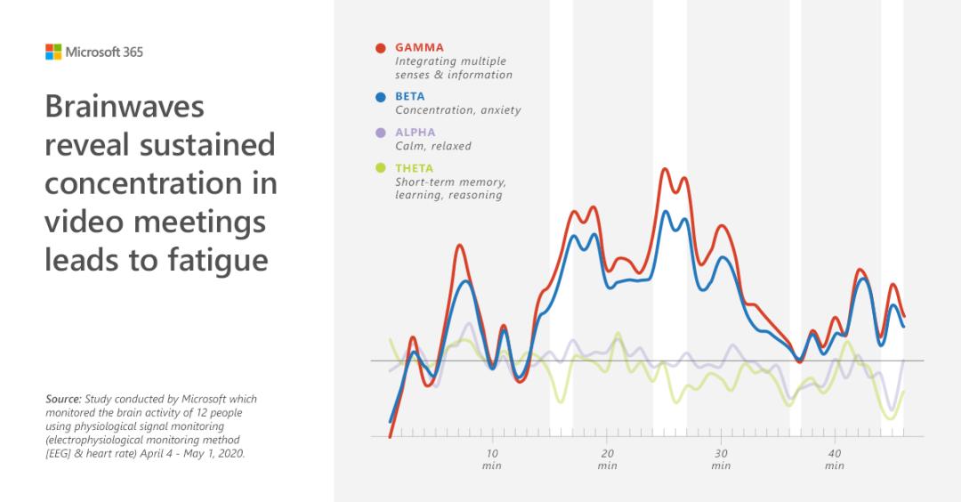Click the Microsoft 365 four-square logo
[x=53, y=52]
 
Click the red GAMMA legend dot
[x=381, y=48]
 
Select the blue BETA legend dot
[x=381, y=97]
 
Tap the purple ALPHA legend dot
[x=381, y=133]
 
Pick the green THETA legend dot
[x=381, y=168]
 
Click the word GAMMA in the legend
[x=419, y=48]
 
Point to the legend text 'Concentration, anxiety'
[x=457, y=110]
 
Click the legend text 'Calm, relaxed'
[x=433, y=146]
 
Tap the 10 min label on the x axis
[x=492, y=459]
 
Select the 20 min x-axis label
[x=607, y=459]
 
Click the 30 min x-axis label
[x=721, y=459]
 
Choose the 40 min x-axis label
[x=835, y=459]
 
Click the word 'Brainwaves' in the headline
[x=125, y=107]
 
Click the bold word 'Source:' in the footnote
[x=62, y=400]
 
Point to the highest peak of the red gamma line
[x=664, y=168]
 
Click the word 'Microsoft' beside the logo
[x=89, y=52]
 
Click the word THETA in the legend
[x=415, y=168]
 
